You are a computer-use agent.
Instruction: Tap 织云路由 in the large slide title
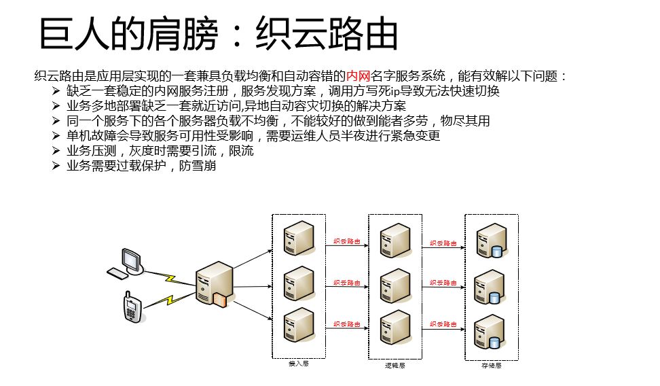coord(326,33)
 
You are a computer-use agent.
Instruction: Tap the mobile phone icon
coord(132,307)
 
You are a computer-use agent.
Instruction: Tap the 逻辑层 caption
coord(395,365)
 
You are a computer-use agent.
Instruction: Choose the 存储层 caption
coord(491,365)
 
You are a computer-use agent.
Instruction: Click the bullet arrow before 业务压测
coord(56,151)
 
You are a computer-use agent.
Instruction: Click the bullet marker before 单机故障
coord(56,136)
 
